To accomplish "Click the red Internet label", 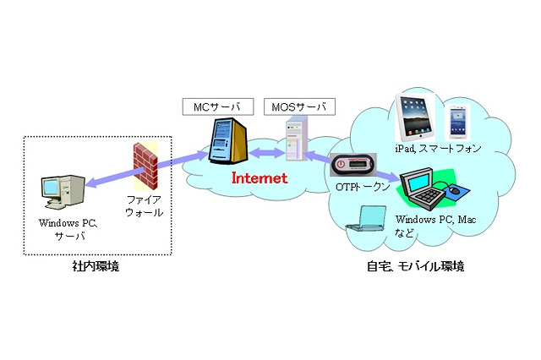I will (260, 178).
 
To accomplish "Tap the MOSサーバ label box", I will (298, 107).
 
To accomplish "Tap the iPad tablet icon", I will (418, 118).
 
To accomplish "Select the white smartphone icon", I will (457, 121).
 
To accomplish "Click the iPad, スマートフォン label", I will (438, 149).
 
